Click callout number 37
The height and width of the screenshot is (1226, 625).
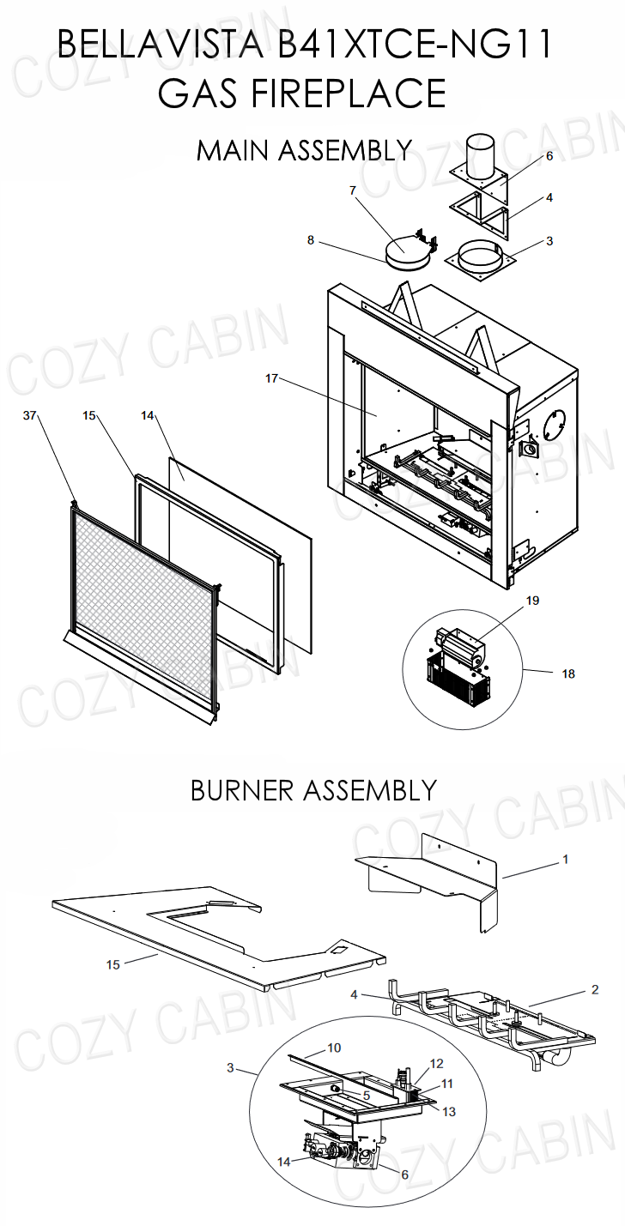30,415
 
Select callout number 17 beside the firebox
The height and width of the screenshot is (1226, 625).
271,378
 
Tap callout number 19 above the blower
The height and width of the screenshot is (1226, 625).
532,601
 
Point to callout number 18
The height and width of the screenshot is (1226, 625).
568,674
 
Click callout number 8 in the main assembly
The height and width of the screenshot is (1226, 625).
311,240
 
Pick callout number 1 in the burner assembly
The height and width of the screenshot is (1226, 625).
565,858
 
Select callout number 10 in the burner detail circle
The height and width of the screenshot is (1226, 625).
334,1048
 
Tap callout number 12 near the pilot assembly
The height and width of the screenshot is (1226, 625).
436,1064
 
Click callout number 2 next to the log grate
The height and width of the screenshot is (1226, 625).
595,989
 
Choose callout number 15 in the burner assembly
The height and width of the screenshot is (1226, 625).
112,965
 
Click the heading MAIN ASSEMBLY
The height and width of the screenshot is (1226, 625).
304,150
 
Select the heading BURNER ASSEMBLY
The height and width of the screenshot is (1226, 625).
313,789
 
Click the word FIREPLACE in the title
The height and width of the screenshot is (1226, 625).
302,92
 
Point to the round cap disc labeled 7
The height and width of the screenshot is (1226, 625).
405,254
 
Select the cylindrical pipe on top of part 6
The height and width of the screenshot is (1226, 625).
487,156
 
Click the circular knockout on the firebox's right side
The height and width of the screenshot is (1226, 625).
554,423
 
